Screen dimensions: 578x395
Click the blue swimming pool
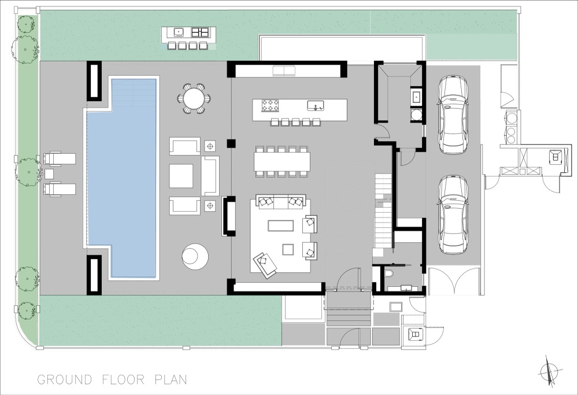pyautogui.click(x=121, y=177)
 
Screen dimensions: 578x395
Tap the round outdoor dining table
pyautogui.click(x=194, y=98)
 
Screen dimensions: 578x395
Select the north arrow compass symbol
pyautogui.click(x=550, y=370)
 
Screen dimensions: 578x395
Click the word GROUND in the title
pyautogui.click(x=65, y=379)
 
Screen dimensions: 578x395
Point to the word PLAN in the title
pyautogui.click(x=171, y=379)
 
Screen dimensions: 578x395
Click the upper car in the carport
pyautogui.click(x=453, y=115)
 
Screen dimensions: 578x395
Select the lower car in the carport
pyautogui.click(x=453, y=215)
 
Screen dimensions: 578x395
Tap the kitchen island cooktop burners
pyautogui.click(x=269, y=105)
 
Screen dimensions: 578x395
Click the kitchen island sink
pyautogui.click(x=316, y=105)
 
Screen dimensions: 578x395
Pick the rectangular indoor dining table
pyautogui.click(x=282, y=161)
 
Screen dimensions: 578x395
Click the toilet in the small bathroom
pyautogui.click(x=388, y=274)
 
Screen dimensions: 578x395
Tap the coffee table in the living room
pyautogui.click(x=280, y=226)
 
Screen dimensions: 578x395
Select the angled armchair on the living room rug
pyautogui.click(x=265, y=263)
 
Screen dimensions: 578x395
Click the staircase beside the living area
pyautogui.click(x=383, y=212)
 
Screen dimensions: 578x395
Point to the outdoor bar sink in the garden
pyautogui.click(x=179, y=32)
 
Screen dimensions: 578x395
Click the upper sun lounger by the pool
pyautogui.click(x=60, y=158)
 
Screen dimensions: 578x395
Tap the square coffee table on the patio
pyautogui.click(x=181, y=176)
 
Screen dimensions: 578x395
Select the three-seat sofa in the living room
pyautogui.click(x=282, y=202)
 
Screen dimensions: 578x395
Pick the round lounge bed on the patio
pyautogui.click(x=195, y=255)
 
